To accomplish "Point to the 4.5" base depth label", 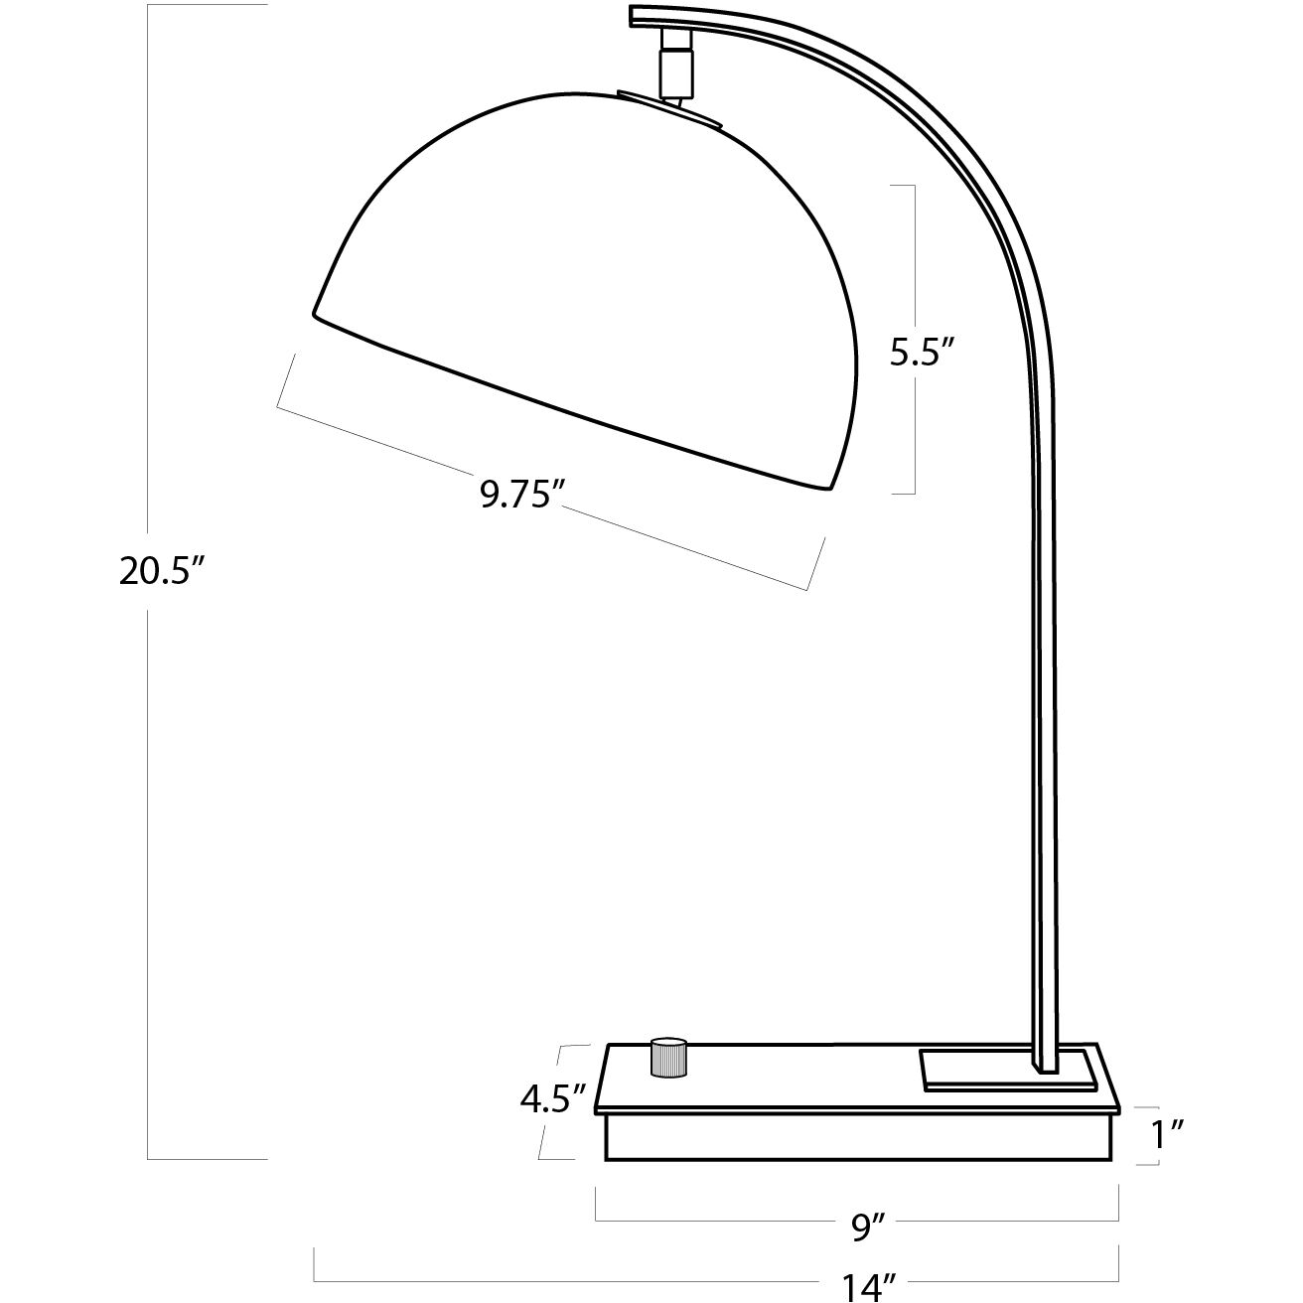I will (x=548, y=1098).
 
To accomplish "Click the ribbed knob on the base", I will (x=668, y=1057).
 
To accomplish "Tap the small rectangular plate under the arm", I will (x=1008, y=1070).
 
